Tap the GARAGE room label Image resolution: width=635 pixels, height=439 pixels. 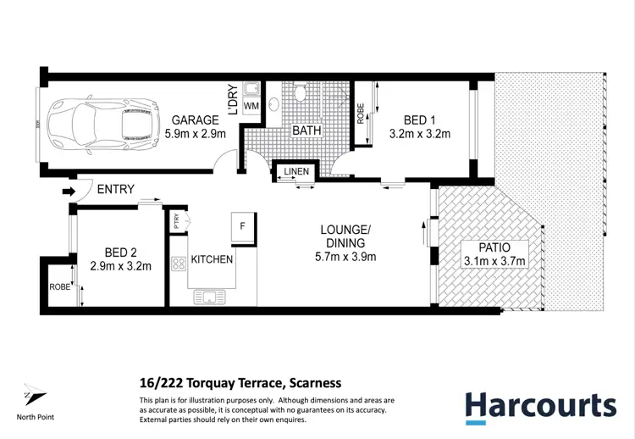(194, 120)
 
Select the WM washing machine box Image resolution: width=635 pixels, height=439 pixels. (251, 105)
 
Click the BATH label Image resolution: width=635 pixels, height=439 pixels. (306, 131)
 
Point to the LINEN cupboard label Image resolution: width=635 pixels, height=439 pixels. (296, 172)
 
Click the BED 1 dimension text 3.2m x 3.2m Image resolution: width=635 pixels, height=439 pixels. (419, 133)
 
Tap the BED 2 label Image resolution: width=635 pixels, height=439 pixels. (120, 253)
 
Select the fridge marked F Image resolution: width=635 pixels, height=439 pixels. (243, 226)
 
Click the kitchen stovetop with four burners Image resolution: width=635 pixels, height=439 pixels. (179, 264)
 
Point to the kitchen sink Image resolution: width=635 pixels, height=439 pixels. (208, 297)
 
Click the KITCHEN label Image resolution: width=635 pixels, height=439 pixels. (212, 259)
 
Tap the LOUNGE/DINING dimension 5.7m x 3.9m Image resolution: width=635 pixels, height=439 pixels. (345, 257)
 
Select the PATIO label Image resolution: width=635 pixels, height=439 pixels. (495, 247)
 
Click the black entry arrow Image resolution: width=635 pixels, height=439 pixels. (69, 192)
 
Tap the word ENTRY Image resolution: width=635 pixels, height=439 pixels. (115, 189)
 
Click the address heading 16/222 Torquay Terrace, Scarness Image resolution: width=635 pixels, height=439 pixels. (240, 383)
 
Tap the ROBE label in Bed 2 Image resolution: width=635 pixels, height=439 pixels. (58, 287)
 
